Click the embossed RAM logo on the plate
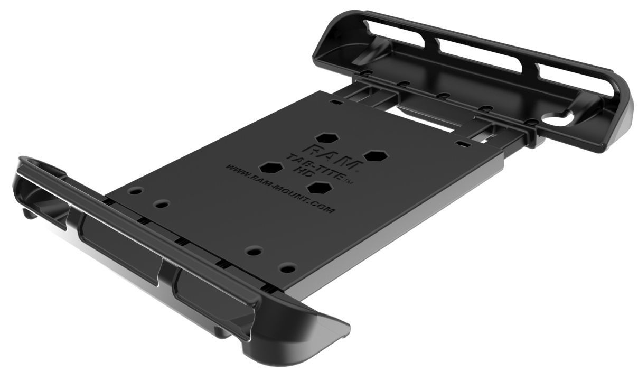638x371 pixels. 333,157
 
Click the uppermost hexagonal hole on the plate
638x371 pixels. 327,138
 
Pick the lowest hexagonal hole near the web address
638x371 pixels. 320,188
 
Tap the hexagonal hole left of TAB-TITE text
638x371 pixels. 271,168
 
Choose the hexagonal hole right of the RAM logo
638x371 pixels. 376,156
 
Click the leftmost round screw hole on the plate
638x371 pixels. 136,191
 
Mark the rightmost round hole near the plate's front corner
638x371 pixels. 287,268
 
